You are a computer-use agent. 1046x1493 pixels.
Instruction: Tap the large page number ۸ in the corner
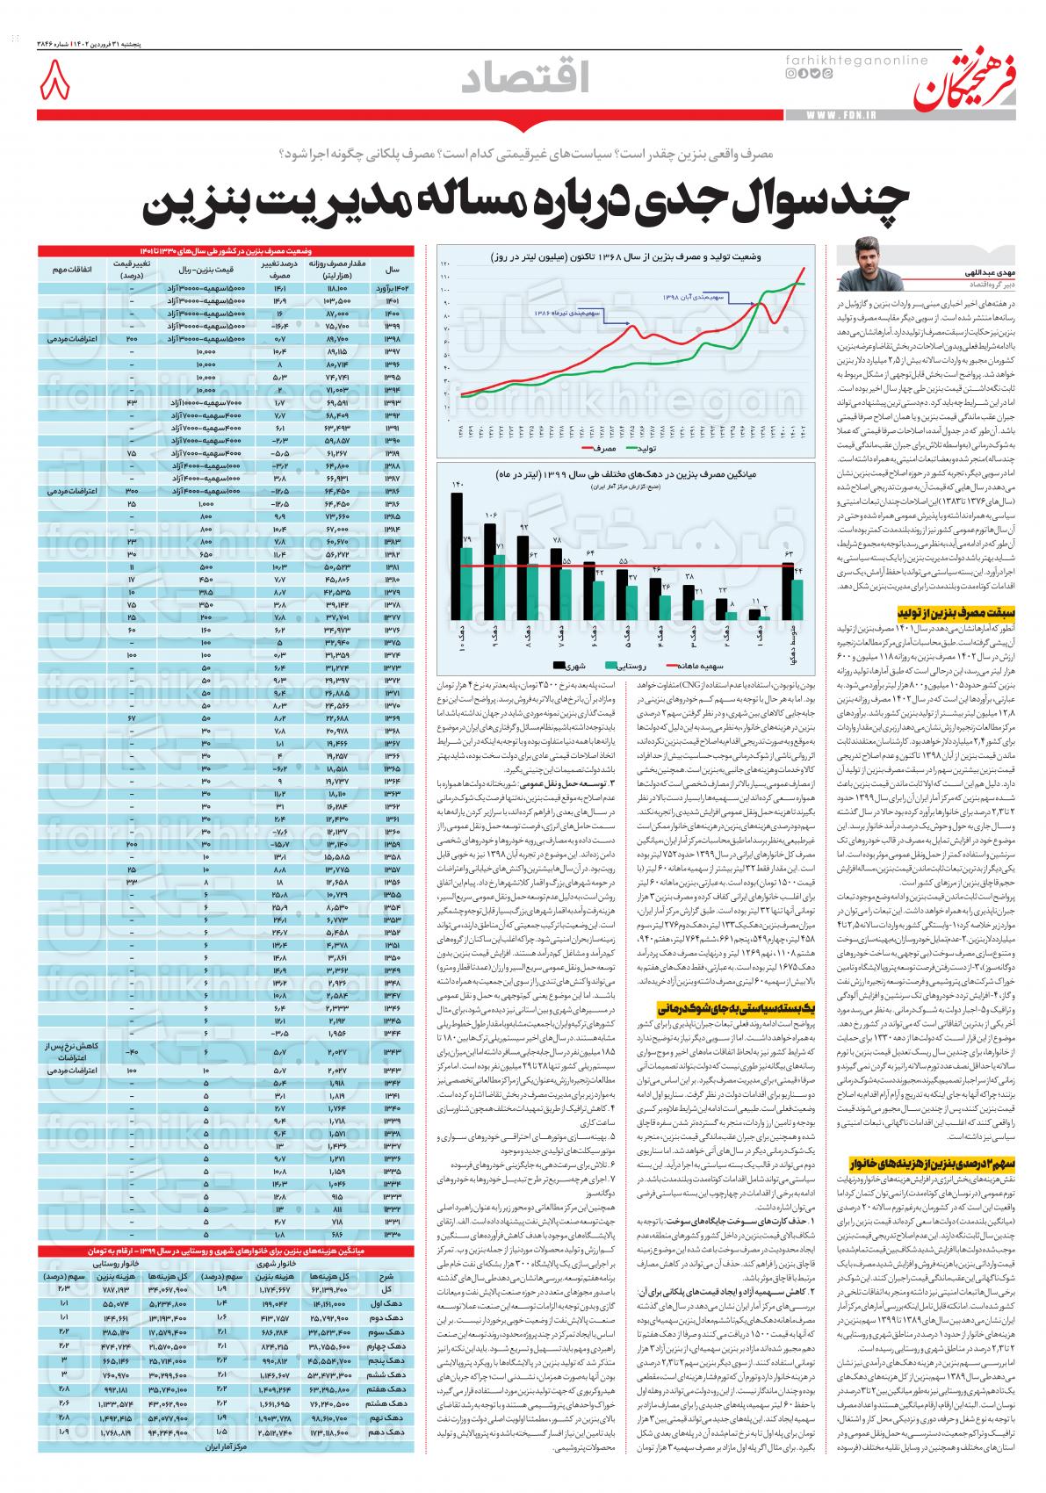pos(54,83)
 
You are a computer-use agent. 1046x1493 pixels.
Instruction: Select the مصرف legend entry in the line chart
pos(601,448)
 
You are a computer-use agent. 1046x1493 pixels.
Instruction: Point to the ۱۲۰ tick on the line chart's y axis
pos(445,263)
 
